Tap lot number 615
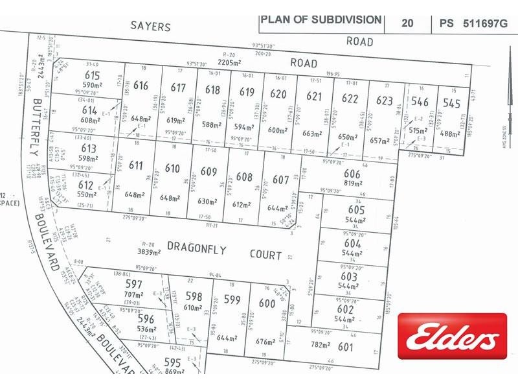[x=93, y=75]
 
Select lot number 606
[x=352, y=174]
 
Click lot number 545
[x=452, y=102]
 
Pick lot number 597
[x=133, y=285]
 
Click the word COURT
[x=265, y=255]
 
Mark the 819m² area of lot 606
[x=352, y=183]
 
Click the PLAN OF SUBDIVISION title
[x=321, y=19]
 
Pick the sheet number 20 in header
[x=407, y=23]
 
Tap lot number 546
[x=420, y=102]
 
